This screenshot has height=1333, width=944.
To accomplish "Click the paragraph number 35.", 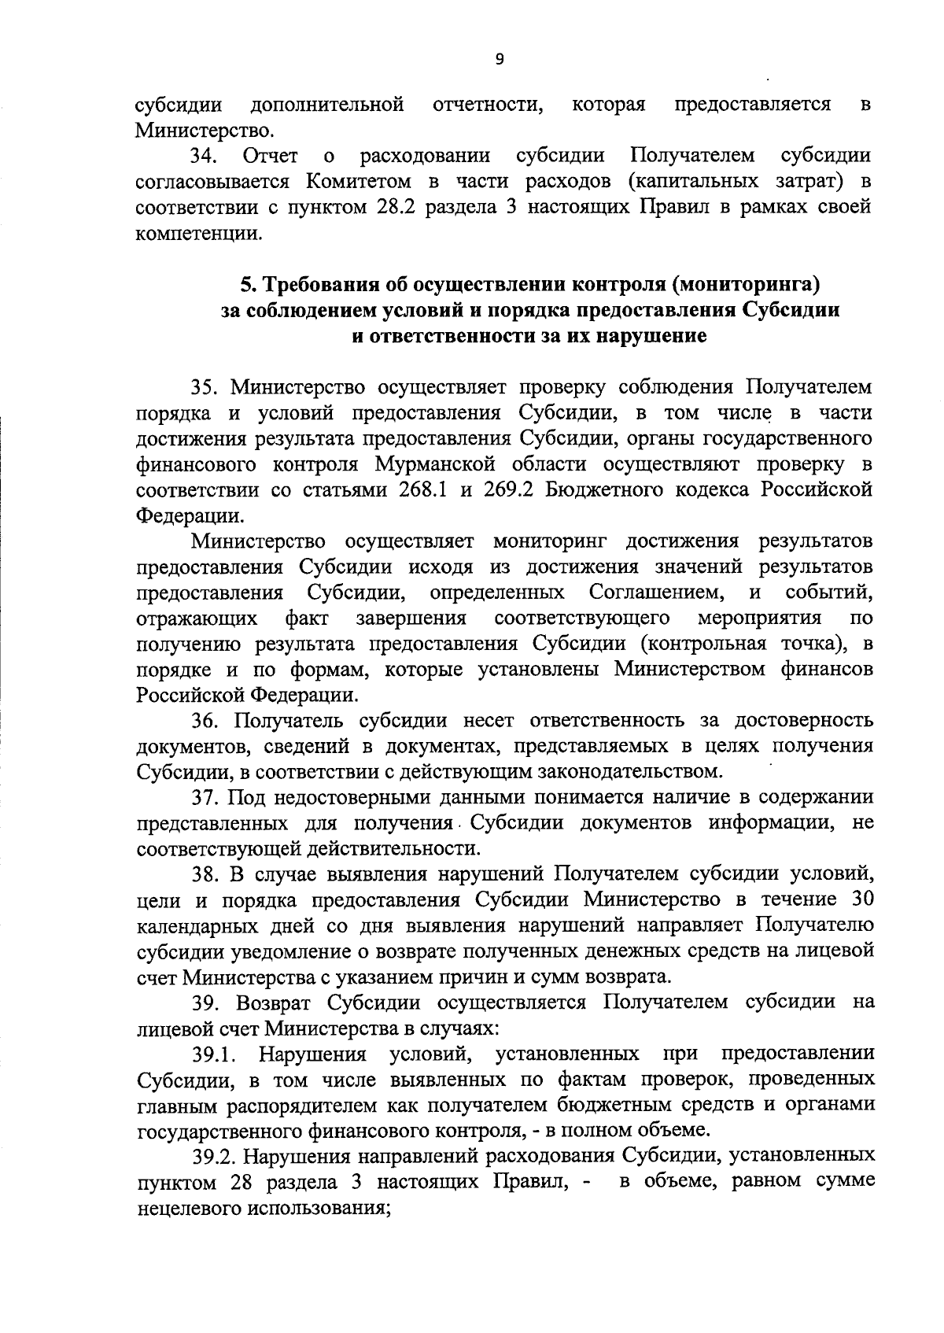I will click(206, 387).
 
